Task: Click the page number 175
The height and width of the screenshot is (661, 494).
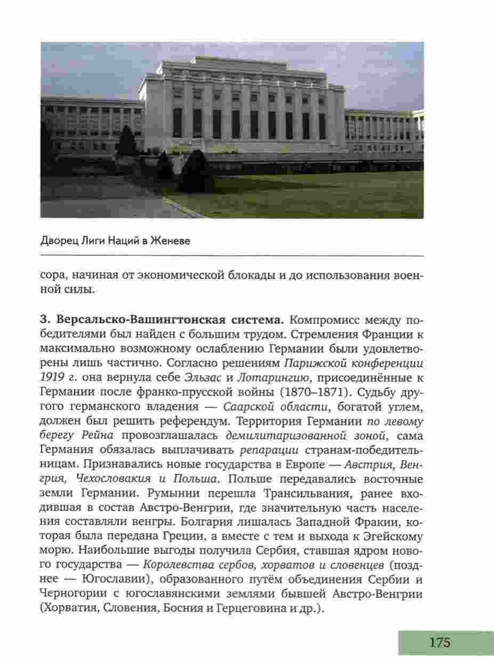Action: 440,642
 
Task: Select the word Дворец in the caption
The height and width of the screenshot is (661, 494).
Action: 57,241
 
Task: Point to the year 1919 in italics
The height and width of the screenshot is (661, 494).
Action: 51,378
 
